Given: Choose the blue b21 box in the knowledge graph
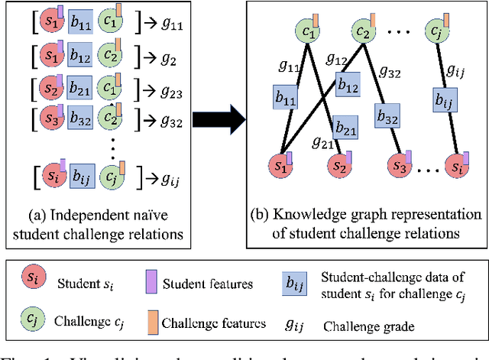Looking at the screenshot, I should (345, 131).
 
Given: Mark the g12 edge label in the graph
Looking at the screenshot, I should (337, 59).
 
